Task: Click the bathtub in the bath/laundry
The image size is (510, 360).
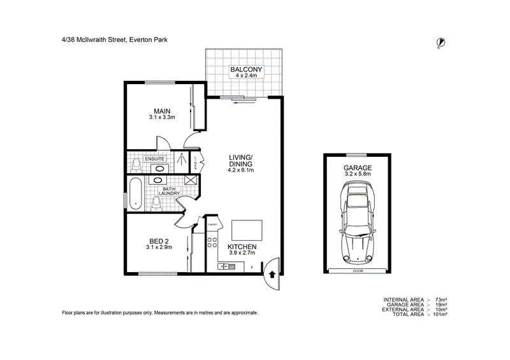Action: coord(135,194)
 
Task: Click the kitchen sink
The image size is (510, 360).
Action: coord(226,266)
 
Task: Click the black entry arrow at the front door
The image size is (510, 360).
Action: coord(273,275)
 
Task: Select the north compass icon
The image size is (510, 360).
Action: coord(439,43)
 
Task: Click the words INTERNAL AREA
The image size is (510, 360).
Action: coord(404,299)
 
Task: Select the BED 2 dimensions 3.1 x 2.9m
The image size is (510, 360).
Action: coord(158,247)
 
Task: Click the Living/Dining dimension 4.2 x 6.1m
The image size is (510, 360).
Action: coord(242,170)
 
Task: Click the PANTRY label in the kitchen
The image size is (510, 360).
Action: coord(212,224)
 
